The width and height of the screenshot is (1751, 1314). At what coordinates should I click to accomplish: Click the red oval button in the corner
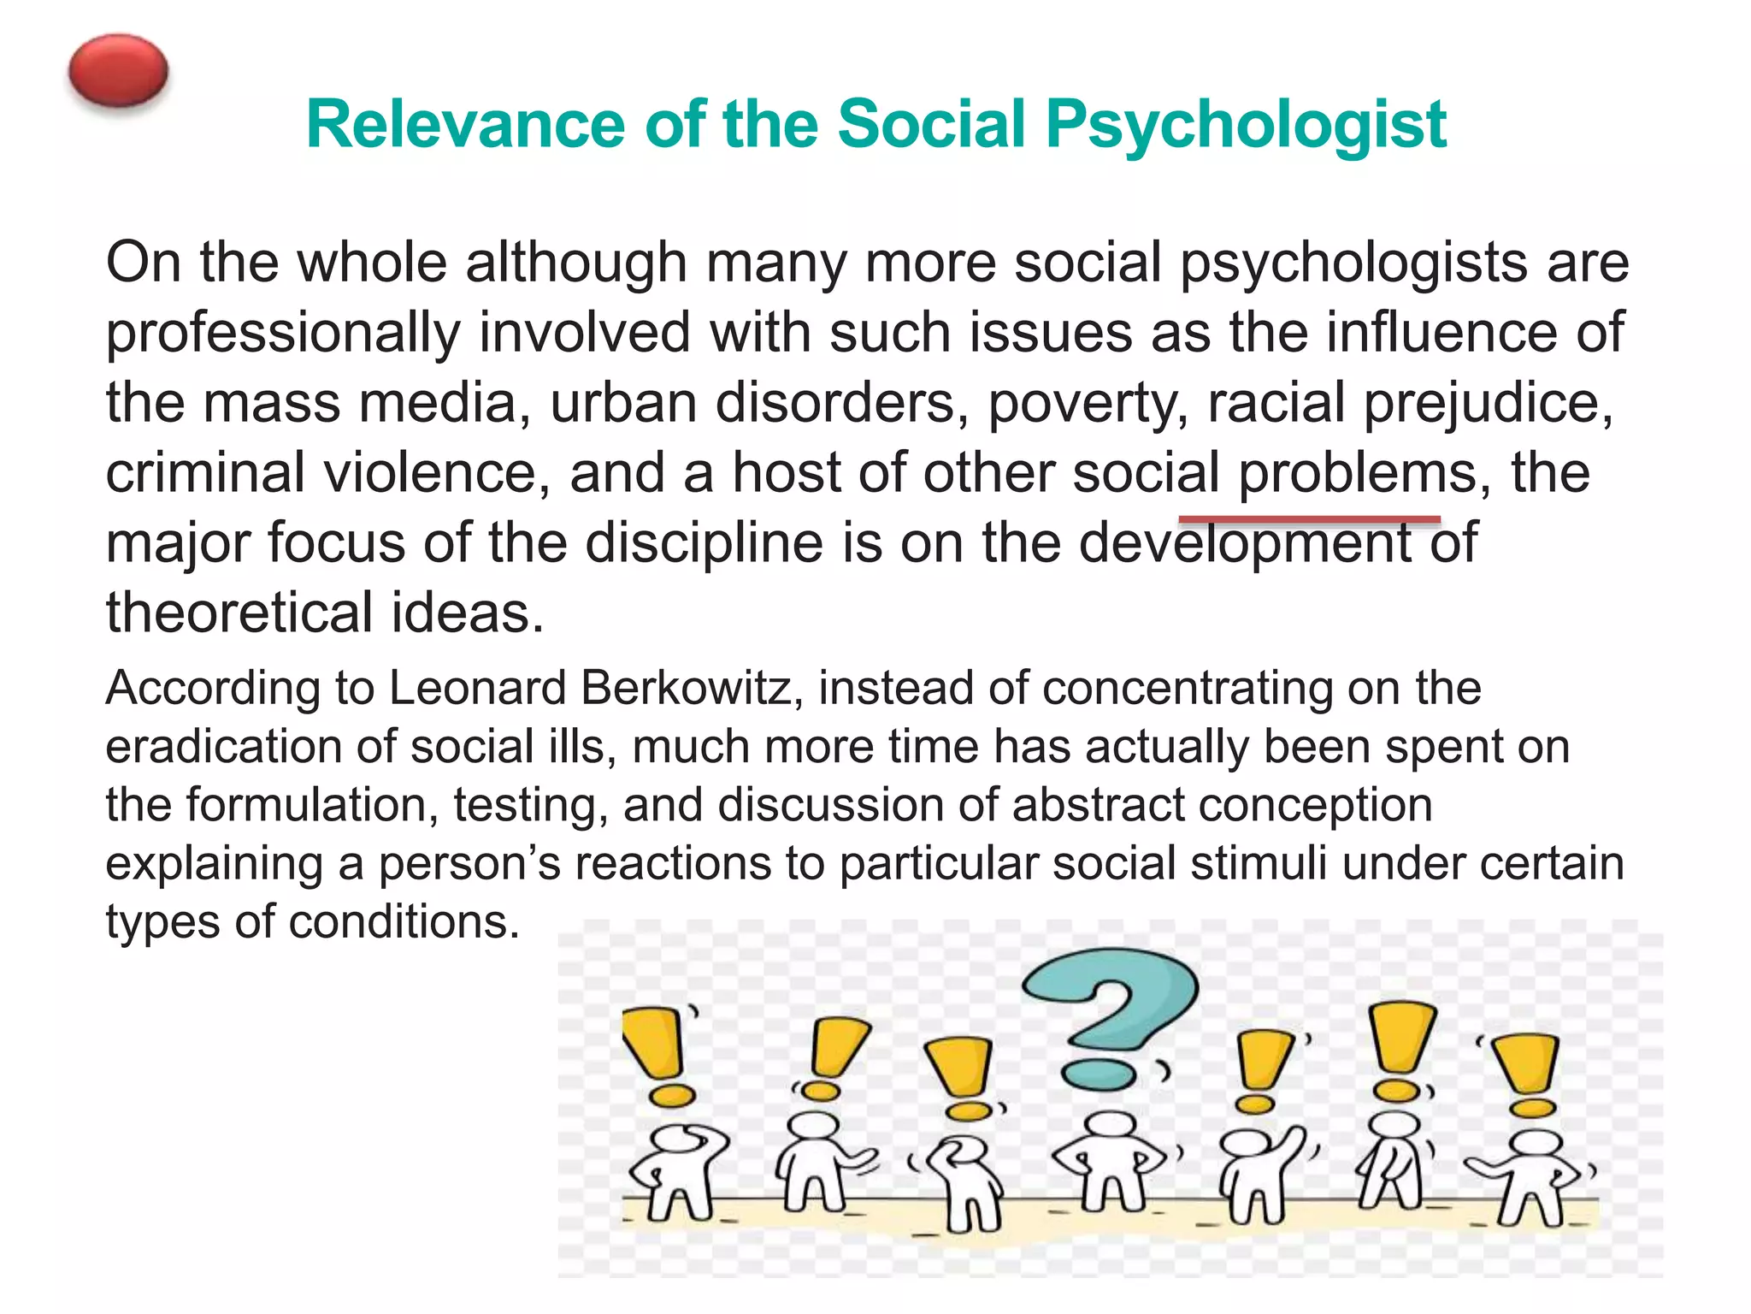(x=118, y=70)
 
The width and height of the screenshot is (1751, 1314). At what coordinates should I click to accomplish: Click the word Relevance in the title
(x=466, y=125)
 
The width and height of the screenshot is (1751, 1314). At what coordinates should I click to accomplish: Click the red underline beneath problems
(x=1309, y=519)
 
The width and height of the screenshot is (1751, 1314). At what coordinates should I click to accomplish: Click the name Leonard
(x=478, y=688)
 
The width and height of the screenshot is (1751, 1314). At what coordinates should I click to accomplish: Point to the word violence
(x=436, y=473)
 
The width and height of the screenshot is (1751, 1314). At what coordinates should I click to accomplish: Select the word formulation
(x=312, y=805)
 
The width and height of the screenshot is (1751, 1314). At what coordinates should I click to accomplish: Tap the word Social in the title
(x=931, y=125)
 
